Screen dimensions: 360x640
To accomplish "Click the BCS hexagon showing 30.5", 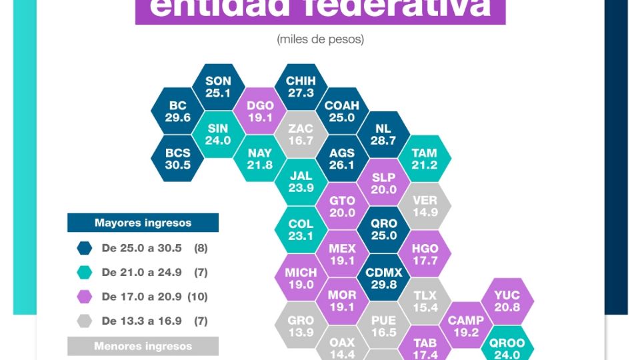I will (x=178, y=159).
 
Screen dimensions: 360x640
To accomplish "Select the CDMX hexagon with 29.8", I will (x=384, y=278).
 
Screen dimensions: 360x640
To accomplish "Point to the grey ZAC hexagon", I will (x=301, y=135).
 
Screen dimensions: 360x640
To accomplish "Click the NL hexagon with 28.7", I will (x=383, y=135).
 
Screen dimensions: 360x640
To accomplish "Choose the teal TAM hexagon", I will (x=425, y=159).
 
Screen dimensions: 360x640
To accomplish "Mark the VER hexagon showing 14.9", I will (x=425, y=206).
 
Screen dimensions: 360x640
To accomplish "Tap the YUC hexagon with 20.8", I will (x=507, y=301).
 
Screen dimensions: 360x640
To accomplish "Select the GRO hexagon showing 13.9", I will (x=301, y=325).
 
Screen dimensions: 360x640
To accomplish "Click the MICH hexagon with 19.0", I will (x=301, y=278).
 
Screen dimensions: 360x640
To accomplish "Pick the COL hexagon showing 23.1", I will (x=301, y=230).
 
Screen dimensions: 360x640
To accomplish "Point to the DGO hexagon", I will (x=260, y=111).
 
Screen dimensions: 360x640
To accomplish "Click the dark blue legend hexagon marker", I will (x=85, y=248).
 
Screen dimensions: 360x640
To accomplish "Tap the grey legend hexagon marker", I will (x=85, y=321).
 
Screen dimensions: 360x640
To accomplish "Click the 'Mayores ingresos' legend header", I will (x=143, y=223).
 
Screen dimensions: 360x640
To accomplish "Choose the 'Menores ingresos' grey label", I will (x=143, y=346).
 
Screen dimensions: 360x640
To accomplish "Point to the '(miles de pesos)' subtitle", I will (x=320, y=39).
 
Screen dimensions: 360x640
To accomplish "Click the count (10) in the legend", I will (x=199, y=297).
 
